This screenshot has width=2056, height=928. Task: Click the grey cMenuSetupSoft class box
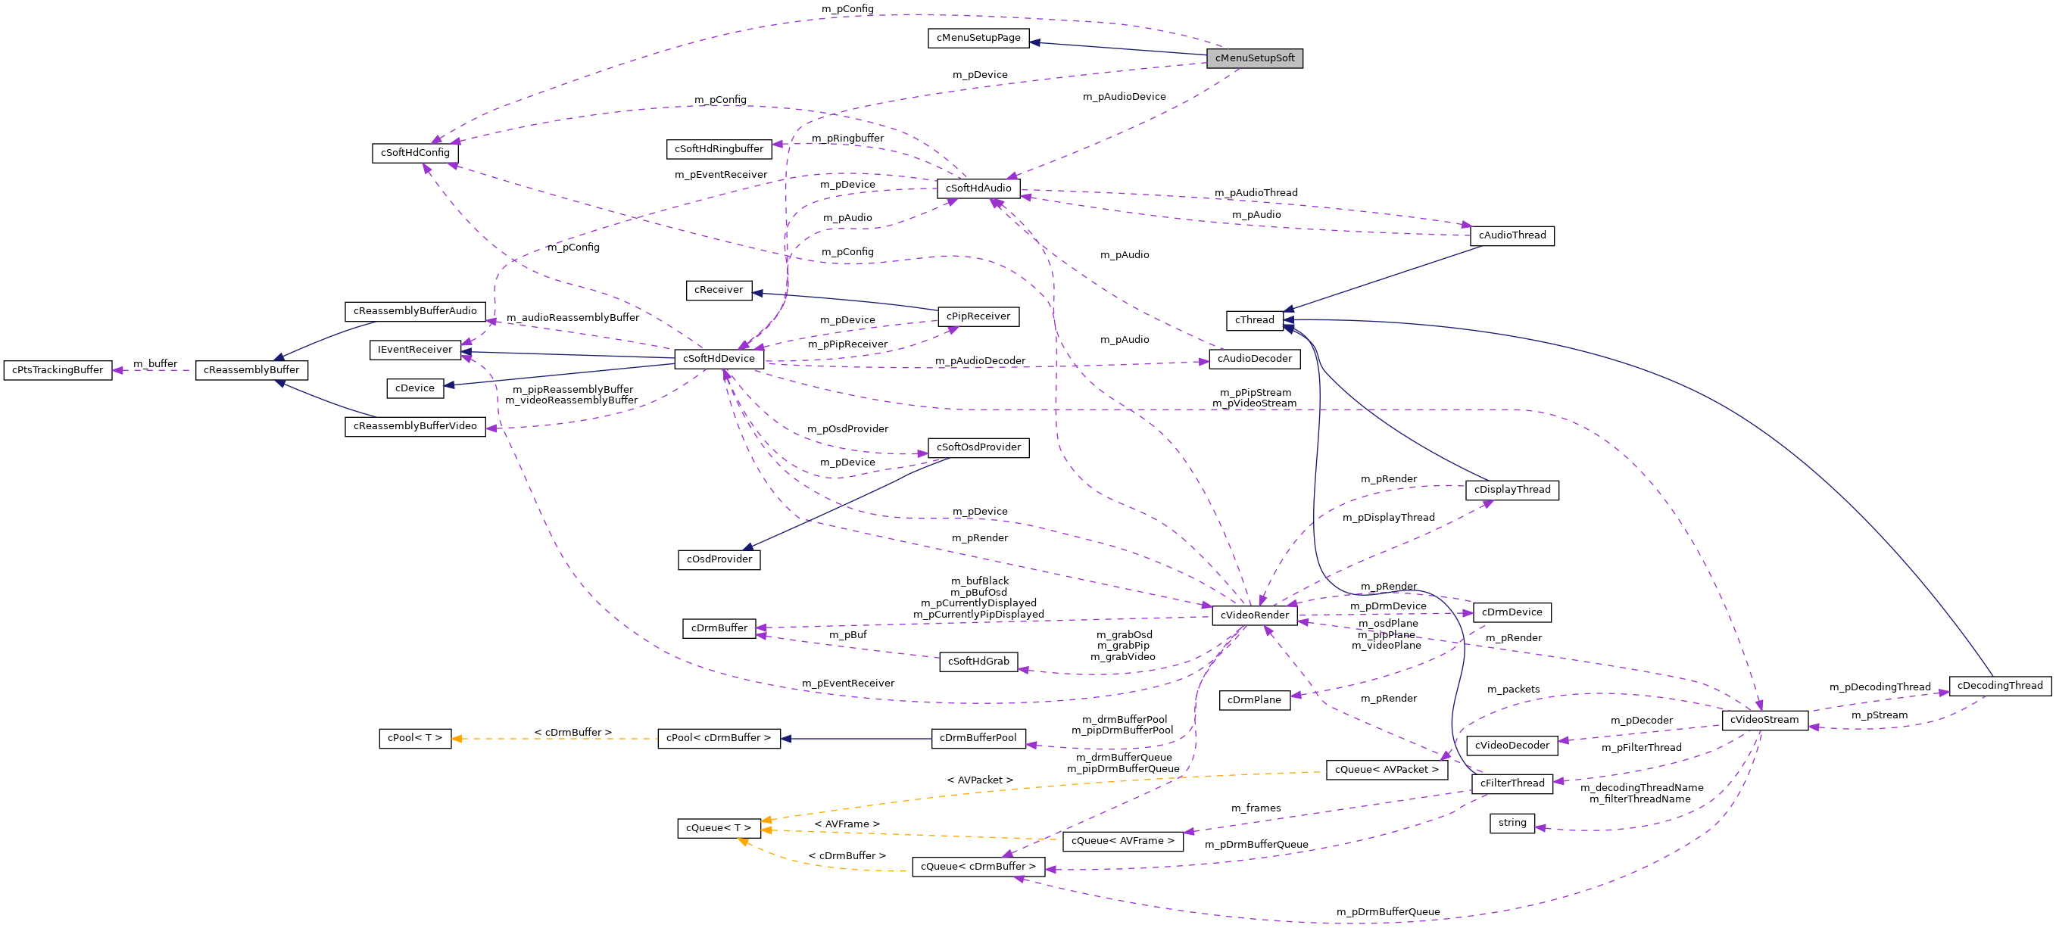[x=1254, y=58]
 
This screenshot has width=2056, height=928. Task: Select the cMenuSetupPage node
[x=978, y=38]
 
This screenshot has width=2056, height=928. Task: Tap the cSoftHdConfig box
[x=414, y=152]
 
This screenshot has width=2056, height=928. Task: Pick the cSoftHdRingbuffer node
[x=719, y=149]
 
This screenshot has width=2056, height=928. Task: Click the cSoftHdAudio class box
[x=978, y=188]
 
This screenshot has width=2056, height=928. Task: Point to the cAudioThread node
[x=1512, y=235]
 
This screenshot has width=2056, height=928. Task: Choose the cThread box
[x=1254, y=320]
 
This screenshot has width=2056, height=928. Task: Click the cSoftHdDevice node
[x=719, y=359]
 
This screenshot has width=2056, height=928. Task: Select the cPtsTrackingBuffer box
[x=58, y=370]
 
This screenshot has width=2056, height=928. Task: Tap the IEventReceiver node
[x=414, y=350]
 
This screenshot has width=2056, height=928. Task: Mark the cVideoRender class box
[x=1254, y=615]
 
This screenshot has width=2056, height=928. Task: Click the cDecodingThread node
[x=1999, y=686]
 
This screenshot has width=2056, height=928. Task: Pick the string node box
[x=1512, y=823]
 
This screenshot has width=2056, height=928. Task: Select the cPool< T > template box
[x=414, y=738]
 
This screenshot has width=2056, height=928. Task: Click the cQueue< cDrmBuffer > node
[x=978, y=867]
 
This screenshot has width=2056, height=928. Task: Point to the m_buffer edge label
[x=154, y=364]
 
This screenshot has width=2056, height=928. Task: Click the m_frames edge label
[x=1256, y=808]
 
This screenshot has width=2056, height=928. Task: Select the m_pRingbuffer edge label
[x=847, y=138]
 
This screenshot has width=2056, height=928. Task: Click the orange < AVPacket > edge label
[x=979, y=780]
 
